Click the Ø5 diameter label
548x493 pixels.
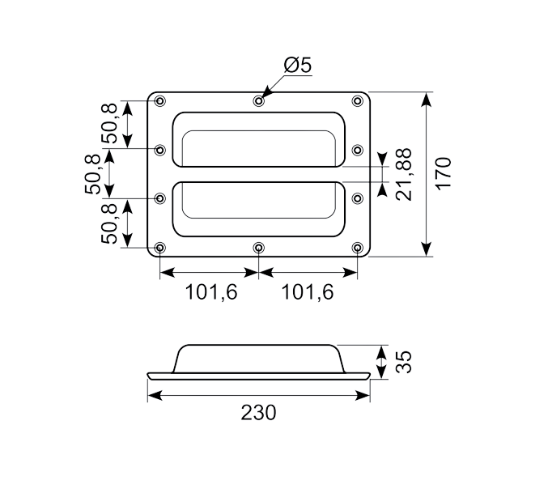[x=297, y=66]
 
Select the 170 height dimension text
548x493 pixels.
[x=443, y=173]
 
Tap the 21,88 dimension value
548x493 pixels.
[x=403, y=173]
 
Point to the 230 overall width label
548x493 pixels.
[x=258, y=412]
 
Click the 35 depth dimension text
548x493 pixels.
[x=402, y=361]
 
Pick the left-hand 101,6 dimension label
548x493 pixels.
[x=210, y=292]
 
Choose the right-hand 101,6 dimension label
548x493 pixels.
[x=308, y=292]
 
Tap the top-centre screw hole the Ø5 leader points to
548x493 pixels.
[x=258, y=100]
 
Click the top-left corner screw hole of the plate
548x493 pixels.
[x=159, y=100]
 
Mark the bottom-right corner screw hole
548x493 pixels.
[x=357, y=247]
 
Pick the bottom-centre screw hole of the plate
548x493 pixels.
[x=258, y=247]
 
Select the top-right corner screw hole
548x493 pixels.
[x=357, y=100]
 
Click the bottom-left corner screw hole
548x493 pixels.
[x=159, y=247]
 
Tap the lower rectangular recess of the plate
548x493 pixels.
[x=258, y=208]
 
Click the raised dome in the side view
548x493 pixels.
[x=259, y=357]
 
